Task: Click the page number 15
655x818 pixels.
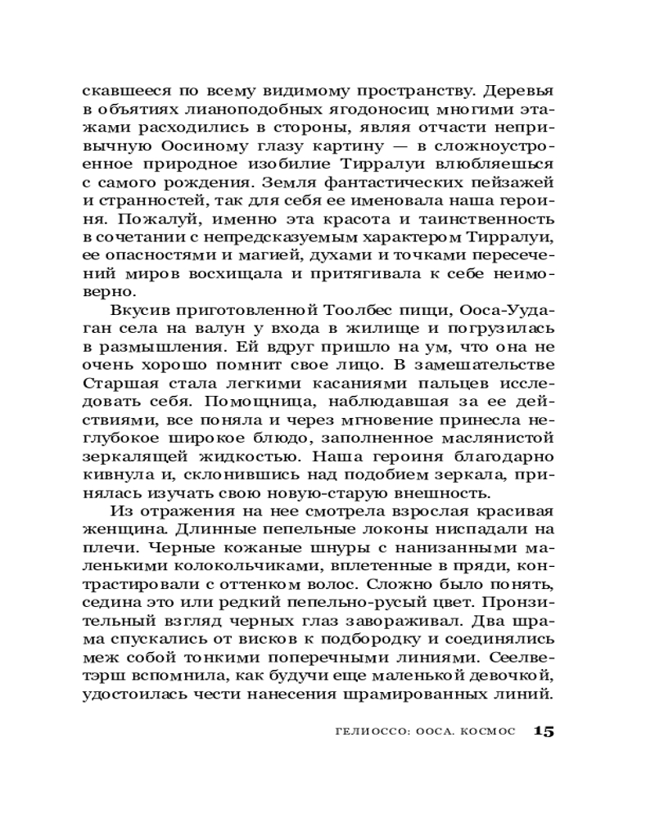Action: point(544,730)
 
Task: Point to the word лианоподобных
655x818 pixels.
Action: point(224,110)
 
